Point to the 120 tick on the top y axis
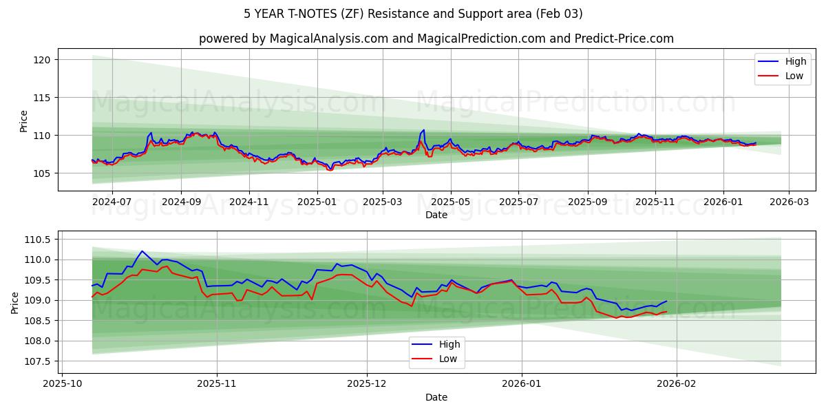click(x=42, y=60)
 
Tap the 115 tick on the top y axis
click(x=42, y=98)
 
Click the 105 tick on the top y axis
click(x=42, y=173)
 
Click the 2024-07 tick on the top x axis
click(x=112, y=202)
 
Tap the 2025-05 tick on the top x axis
click(x=451, y=202)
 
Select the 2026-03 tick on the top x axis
click(x=789, y=202)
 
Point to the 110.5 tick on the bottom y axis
click(x=37, y=240)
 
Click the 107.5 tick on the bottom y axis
click(x=37, y=361)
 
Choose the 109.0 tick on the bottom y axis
click(x=37, y=301)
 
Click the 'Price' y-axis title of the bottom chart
click(x=15, y=302)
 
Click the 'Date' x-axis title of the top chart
click(x=436, y=215)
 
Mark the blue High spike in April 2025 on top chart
click(x=423, y=130)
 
